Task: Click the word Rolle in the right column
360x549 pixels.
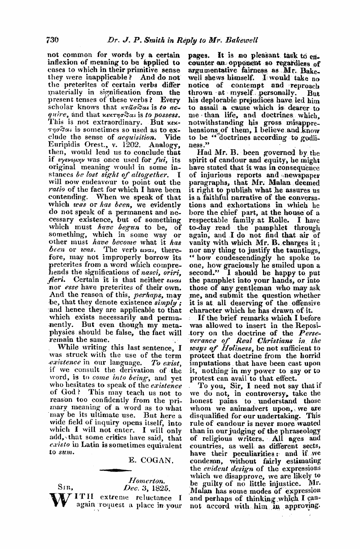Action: tap(292, 217)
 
